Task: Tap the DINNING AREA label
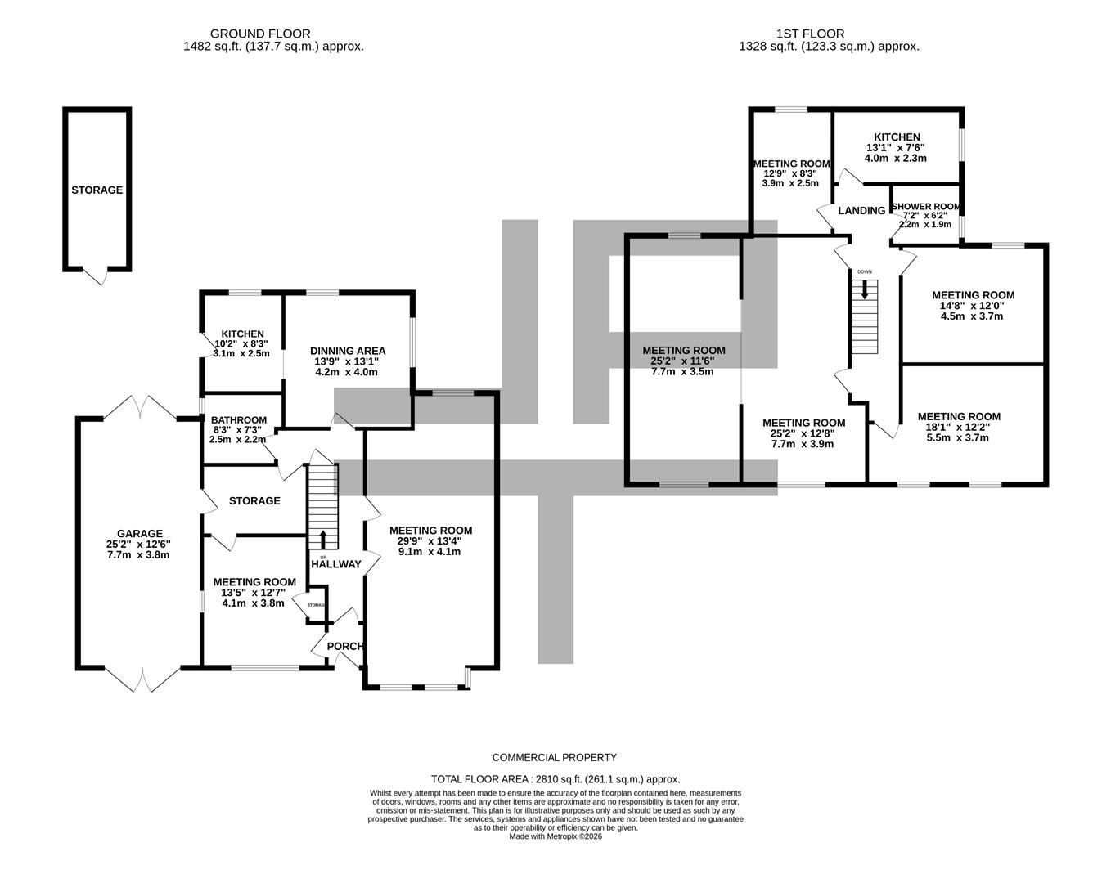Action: tap(347, 351)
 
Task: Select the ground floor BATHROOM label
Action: tap(239, 420)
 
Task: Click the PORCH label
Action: tap(344, 647)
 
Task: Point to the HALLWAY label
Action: tap(335, 564)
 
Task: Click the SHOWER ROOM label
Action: tap(926, 208)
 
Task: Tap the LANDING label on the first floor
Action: tap(861, 211)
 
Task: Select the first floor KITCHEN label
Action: tap(897, 137)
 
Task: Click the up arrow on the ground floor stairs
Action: tap(322, 540)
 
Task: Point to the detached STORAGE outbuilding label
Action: tap(97, 190)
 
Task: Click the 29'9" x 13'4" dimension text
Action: tap(430, 540)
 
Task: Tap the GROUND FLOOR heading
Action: tap(260, 34)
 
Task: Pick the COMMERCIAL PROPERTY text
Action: tap(555, 758)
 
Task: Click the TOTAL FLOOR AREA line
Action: tap(555, 779)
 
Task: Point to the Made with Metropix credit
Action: tap(555, 836)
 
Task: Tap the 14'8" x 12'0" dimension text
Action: tap(973, 306)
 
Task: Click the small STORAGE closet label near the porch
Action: tap(316, 605)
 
